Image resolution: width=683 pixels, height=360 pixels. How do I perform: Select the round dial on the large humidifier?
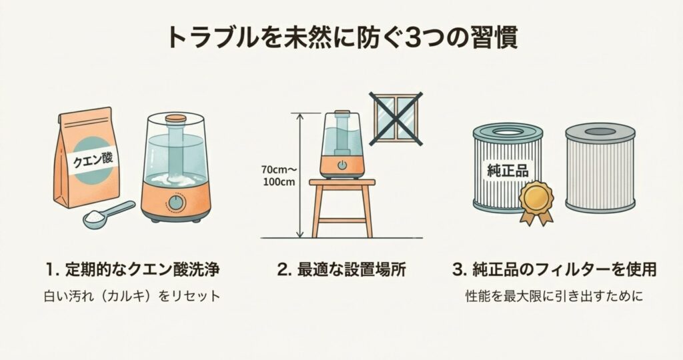tap(175, 203)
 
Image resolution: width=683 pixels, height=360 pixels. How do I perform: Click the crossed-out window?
tap(396, 118)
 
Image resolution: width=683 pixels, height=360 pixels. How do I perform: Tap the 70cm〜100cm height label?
tap(278, 175)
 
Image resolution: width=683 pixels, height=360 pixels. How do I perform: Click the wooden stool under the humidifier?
tap(342, 208)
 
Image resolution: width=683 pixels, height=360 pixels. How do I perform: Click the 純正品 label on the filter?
tap(508, 171)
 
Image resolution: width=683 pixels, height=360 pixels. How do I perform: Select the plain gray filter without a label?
tap(600, 167)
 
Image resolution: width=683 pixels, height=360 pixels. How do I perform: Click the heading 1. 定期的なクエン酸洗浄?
tap(132, 270)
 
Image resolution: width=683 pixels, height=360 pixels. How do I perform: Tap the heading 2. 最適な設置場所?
tap(341, 270)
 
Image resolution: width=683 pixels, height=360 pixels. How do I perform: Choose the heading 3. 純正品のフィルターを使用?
tap(554, 270)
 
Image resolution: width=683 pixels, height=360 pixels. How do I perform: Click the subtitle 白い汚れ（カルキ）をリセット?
tap(132, 297)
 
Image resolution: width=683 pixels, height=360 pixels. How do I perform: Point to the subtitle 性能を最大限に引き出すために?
tap(554, 297)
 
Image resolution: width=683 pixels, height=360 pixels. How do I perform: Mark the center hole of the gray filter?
tap(600, 131)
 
